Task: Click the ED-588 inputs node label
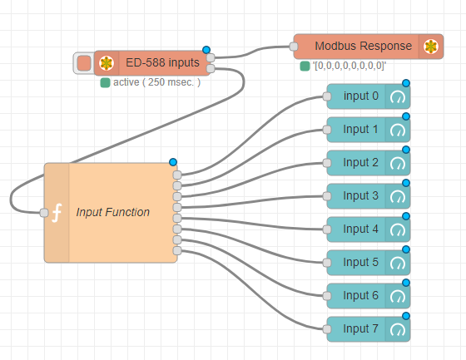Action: point(161,63)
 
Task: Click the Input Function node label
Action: point(113,212)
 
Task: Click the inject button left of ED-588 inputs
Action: point(83,63)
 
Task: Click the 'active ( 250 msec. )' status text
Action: point(155,82)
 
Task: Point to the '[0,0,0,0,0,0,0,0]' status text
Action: point(349,66)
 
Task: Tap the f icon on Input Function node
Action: point(57,213)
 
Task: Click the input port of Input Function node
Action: point(44,213)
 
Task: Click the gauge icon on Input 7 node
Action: point(398,329)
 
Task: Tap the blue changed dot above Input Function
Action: point(173,161)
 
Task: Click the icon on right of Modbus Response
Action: point(430,47)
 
